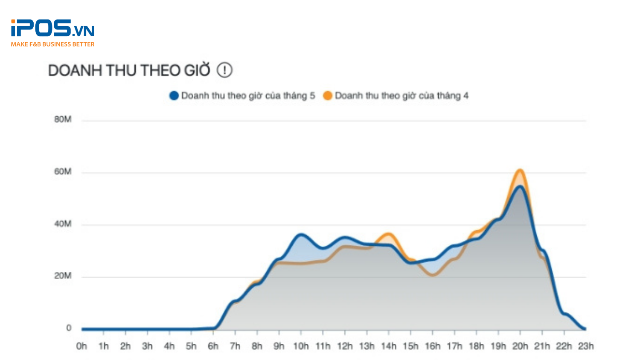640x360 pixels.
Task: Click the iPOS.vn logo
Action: point(52,28)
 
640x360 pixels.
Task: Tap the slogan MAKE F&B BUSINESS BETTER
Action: point(52,44)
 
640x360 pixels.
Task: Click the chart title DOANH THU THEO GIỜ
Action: point(129,70)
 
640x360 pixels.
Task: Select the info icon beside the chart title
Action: point(224,70)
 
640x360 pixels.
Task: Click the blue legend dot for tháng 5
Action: point(174,96)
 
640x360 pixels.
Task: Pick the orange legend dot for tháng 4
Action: point(328,96)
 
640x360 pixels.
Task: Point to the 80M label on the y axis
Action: point(62,119)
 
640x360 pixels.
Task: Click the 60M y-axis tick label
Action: point(62,172)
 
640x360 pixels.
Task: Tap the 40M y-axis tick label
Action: point(62,224)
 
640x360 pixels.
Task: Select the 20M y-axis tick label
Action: point(62,276)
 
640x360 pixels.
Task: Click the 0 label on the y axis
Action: point(69,328)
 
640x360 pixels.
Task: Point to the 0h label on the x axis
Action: point(81,346)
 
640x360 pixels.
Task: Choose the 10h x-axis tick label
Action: point(301,346)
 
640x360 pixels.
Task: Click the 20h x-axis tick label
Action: point(520,346)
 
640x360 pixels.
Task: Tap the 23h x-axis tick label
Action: point(586,346)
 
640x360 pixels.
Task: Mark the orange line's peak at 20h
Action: point(520,170)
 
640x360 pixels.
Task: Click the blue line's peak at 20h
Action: point(520,186)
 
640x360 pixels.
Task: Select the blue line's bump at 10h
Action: point(301,235)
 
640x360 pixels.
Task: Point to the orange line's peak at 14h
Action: point(389,234)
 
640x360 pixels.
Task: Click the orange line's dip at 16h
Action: point(433,275)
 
